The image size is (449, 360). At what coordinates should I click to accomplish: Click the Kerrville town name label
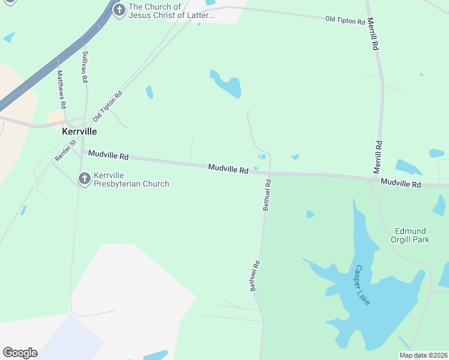click(x=80, y=131)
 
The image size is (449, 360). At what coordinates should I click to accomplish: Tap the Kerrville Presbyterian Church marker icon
click(x=85, y=178)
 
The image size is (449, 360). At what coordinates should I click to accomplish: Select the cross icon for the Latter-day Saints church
click(x=119, y=10)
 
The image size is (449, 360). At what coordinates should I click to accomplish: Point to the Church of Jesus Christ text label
click(x=171, y=11)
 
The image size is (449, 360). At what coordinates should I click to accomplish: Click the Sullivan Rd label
click(x=85, y=67)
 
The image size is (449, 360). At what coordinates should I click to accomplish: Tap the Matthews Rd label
click(x=61, y=85)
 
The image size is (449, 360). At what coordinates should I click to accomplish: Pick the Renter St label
click(x=64, y=151)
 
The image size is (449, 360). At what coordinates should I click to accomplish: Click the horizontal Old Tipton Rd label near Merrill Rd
click(x=345, y=21)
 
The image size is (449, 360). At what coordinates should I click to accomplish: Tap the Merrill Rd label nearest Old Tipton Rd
click(x=373, y=33)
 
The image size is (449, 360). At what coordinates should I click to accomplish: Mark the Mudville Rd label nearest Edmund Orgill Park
click(x=400, y=184)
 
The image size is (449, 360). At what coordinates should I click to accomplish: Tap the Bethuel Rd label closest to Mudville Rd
click(x=267, y=194)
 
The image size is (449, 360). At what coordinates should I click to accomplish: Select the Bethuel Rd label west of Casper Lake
click(x=255, y=275)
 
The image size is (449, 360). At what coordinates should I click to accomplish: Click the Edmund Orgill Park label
click(x=412, y=235)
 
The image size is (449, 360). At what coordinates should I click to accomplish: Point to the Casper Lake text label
click(x=362, y=285)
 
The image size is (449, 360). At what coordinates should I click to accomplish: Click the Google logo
click(x=20, y=353)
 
